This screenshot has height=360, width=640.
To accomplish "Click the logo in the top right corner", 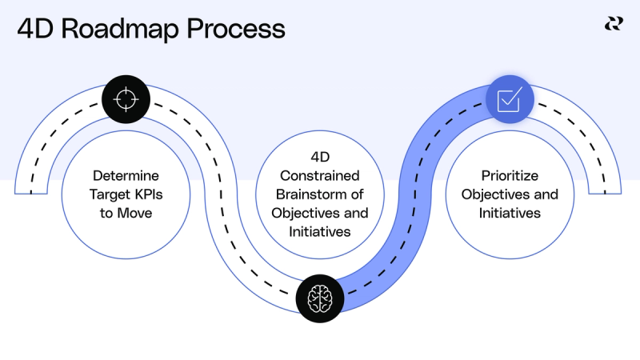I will click(x=614, y=23).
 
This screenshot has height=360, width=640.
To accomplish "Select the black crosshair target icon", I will click(x=126, y=99).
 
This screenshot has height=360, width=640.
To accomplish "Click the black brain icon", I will click(x=320, y=297).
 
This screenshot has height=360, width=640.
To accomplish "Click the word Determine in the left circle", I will click(x=126, y=175).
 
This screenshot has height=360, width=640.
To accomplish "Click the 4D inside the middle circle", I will click(x=320, y=156).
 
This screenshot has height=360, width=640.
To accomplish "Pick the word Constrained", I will click(x=320, y=175).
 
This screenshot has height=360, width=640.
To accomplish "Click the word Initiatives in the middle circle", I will click(x=320, y=233).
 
